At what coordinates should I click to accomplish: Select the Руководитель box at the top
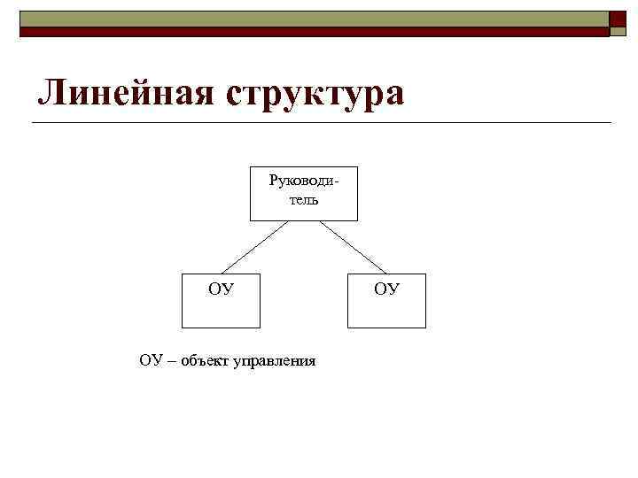[x=304, y=209]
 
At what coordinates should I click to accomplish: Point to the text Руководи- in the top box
[x=304, y=182]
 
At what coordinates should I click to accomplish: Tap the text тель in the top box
[x=304, y=199]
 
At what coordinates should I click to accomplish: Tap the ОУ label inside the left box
[x=221, y=288]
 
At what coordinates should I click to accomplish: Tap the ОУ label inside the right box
[x=386, y=288]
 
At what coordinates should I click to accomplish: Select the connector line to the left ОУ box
[x=254, y=247]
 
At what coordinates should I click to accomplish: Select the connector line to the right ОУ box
[x=353, y=247]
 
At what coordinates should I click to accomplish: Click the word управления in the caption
[x=274, y=360]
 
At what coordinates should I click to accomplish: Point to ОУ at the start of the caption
[x=152, y=359]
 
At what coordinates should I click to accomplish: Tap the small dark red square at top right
[x=618, y=30]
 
